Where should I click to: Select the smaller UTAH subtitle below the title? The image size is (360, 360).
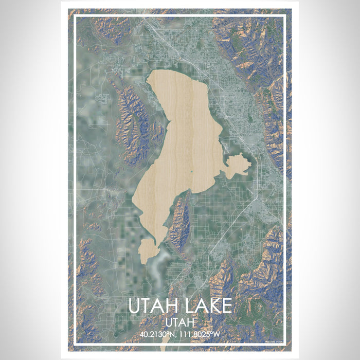tap(179, 322)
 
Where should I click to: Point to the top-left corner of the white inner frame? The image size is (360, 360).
tap(75, 16)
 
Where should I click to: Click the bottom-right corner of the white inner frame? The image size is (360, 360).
tap(285, 344)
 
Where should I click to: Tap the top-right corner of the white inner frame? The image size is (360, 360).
tap(285, 16)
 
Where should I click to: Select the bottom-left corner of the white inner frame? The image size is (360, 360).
tap(75, 344)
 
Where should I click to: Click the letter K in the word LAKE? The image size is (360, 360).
tap(211, 306)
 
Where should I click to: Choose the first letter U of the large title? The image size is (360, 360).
tap(135, 306)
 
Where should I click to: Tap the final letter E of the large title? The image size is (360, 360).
tap(226, 306)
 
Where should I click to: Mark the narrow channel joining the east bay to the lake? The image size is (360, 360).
tap(224, 165)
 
